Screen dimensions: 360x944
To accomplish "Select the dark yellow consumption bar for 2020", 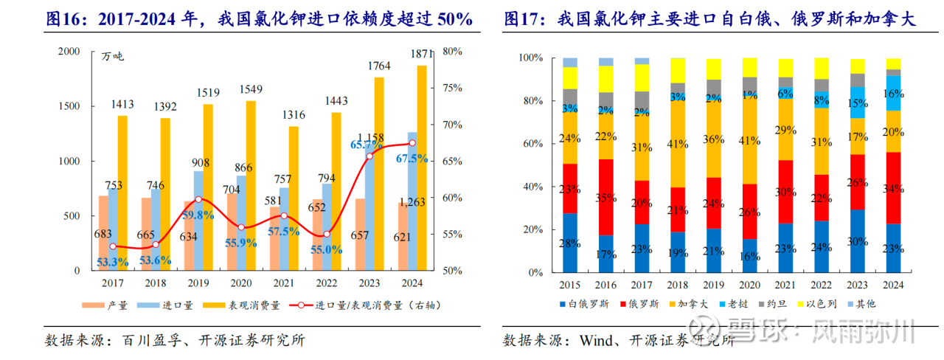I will coord(251,184).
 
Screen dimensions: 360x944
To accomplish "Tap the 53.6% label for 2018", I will coord(156,260).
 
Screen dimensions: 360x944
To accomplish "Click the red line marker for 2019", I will coord(198,199).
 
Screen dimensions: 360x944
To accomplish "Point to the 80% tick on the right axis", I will coord(452,52).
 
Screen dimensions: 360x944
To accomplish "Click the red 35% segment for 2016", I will coord(606,198).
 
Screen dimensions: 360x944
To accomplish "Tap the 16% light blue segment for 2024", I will coord(893,93).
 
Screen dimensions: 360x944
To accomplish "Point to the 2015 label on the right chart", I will coord(569,285).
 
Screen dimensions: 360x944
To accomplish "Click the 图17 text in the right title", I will coord(522,20).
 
